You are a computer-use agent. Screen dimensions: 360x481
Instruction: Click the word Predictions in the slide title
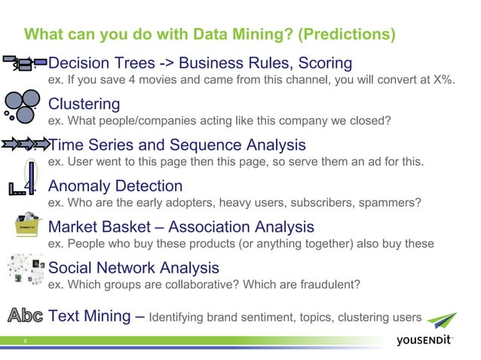click(x=345, y=35)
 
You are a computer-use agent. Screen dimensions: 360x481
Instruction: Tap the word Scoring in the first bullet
click(x=320, y=63)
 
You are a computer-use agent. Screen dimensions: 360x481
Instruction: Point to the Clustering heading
click(x=84, y=104)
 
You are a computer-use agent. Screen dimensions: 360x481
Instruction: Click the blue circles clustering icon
click(x=20, y=103)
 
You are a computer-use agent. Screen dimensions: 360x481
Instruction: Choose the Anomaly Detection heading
click(x=115, y=186)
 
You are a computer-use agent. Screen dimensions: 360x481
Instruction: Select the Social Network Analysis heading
click(x=133, y=267)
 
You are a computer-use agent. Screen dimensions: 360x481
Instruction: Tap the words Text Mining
click(x=90, y=316)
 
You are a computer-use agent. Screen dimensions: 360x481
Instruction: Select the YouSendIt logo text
click(x=424, y=341)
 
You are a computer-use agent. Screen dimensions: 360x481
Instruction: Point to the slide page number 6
click(x=25, y=341)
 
